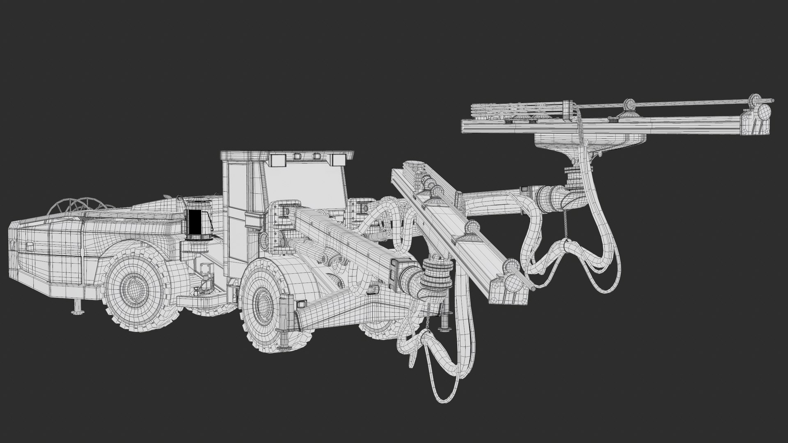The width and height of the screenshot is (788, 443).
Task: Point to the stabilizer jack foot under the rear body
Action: (76, 312)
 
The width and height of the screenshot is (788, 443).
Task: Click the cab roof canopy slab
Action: (287, 154)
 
